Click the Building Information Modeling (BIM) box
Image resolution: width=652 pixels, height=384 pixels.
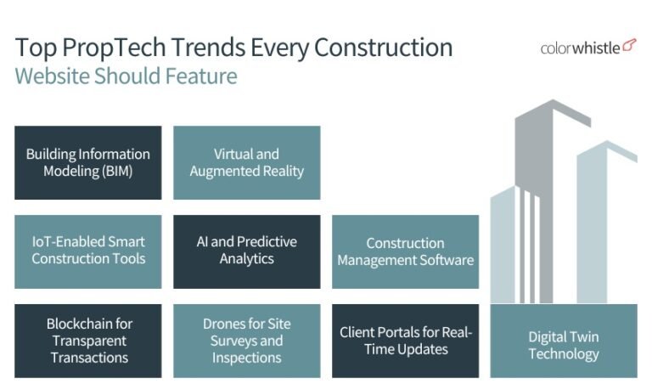(x=87, y=162)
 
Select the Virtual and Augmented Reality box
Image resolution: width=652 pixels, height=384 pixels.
(x=246, y=162)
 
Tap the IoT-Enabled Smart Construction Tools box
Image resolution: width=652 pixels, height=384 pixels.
(x=87, y=251)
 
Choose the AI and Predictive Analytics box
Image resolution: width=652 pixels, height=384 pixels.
(x=246, y=251)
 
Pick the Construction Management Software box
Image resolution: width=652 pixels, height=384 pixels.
(x=405, y=251)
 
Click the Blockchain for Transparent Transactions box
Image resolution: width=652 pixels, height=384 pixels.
(x=87, y=340)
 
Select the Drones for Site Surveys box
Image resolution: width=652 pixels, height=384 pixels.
(x=246, y=340)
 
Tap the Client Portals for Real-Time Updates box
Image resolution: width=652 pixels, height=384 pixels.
(x=405, y=340)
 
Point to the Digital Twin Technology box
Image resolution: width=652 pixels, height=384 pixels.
(x=564, y=344)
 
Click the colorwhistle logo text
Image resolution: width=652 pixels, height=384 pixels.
(x=580, y=48)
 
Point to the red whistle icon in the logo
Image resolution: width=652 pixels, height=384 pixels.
(x=629, y=45)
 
